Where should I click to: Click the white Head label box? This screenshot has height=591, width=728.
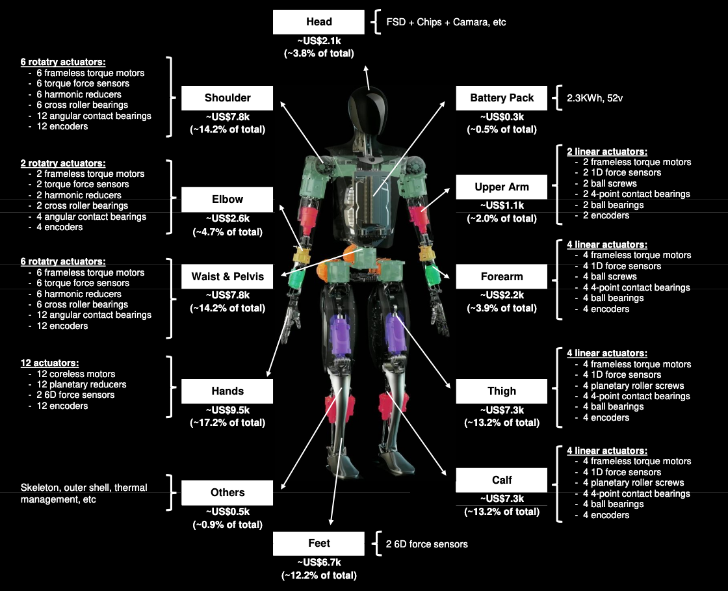(x=318, y=22)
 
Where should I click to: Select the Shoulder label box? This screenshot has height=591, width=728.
(x=227, y=98)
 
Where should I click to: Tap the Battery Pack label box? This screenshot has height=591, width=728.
(x=501, y=98)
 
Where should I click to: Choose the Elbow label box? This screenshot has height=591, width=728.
(x=227, y=200)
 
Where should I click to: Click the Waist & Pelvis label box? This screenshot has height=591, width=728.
(x=227, y=277)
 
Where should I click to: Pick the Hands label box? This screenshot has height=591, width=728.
(x=227, y=391)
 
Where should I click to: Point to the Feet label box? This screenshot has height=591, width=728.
(x=318, y=544)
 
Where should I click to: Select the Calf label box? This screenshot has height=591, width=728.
(x=501, y=480)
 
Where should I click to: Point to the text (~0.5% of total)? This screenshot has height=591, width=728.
(x=501, y=129)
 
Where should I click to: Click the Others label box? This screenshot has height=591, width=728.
(x=227, y=493)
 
